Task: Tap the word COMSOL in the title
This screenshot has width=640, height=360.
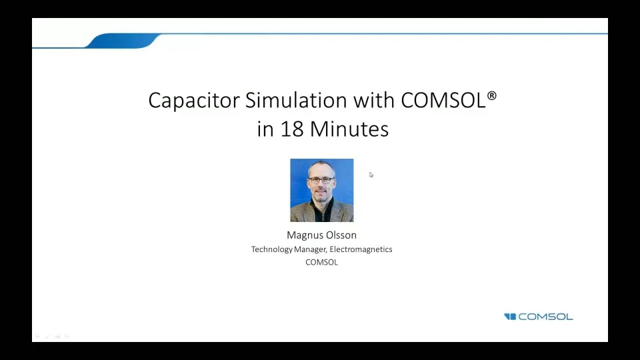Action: pyautogui.click(x=443, y=100)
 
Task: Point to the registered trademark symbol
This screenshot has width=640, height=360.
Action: pyautogui.click(x=492, y=96)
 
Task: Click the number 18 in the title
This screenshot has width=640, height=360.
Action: pyautogui.click(x=292, y=128)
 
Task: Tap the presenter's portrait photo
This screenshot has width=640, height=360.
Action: pyautogui.click(x=321, y=190)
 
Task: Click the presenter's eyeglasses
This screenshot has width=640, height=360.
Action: pyautogui.click(x=321, y=180)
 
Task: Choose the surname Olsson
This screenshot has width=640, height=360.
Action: pyautogui.click(x=340, y=235)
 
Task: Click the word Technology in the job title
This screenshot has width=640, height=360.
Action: pyautogui.click(x=272, y=249)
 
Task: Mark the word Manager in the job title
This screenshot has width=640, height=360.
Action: pyautogui.click(x=311, y=249)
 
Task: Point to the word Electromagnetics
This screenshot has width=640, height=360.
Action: pyautogui.click(x=361, y=249)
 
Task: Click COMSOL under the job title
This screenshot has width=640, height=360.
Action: pyautogui.click(x=321, y=262)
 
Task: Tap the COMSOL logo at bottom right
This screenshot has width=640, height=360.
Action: pyautogui.click(x=539, y=317)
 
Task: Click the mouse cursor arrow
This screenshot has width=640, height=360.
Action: pyautogui.click(x=371, y=175)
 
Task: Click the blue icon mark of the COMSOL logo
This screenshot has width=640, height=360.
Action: pyautogui.click(x=510, y=317)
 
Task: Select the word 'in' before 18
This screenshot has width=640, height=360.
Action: pyautogui.click(x=265, y=128)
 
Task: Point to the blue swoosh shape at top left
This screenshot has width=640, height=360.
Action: pyautogui.click(x=123, y=41)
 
